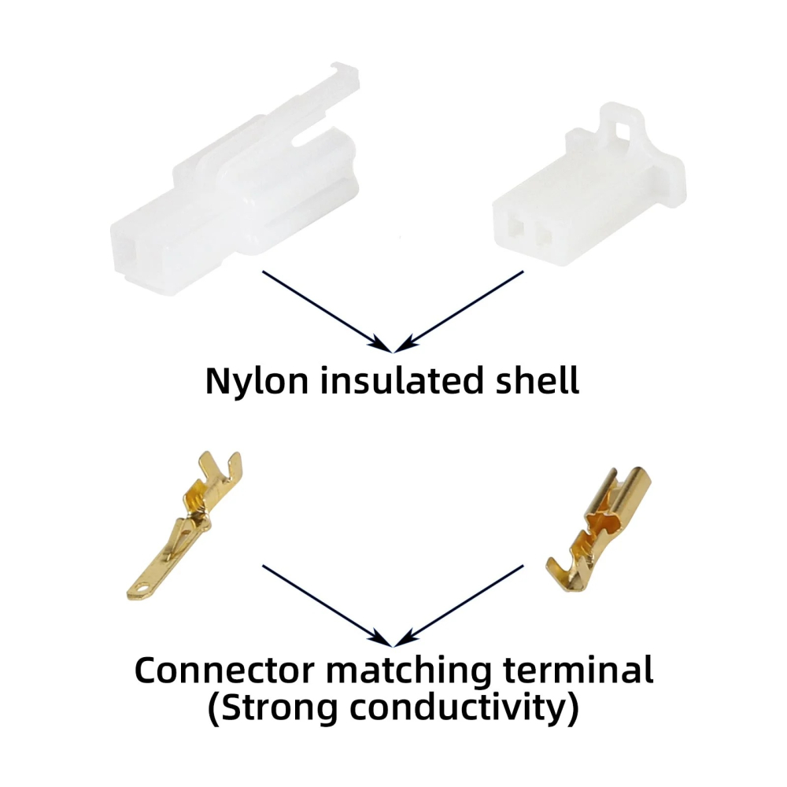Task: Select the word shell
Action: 538,379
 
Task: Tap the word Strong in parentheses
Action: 279,709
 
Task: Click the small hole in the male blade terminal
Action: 142,587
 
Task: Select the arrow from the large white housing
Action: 327,312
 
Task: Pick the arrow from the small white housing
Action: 459,312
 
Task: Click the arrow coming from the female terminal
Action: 459,606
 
